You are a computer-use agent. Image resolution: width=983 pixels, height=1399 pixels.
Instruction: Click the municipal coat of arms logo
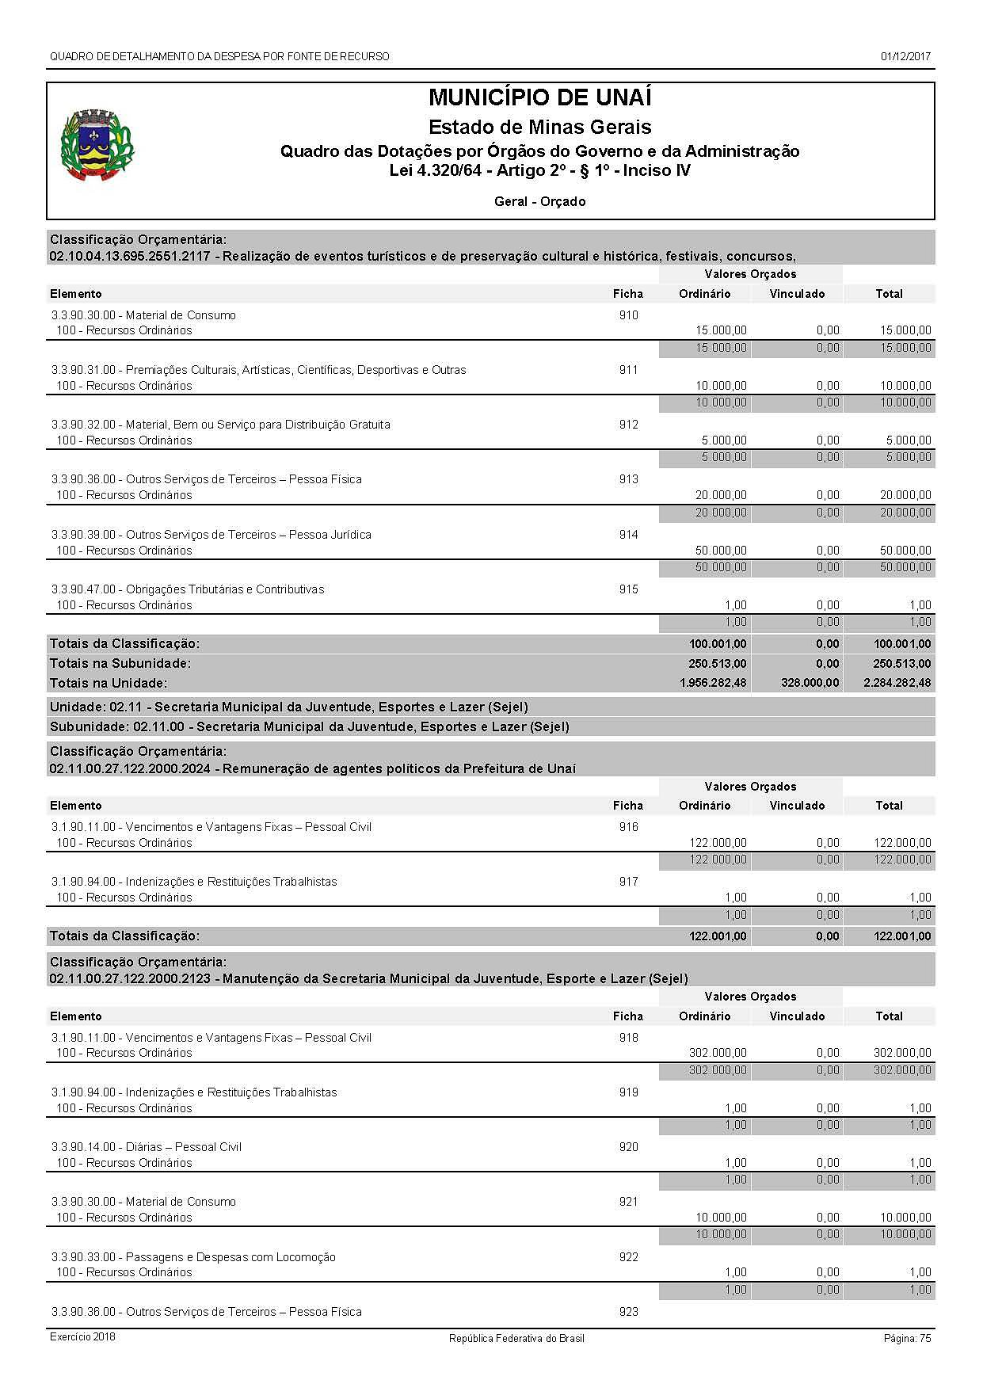[97, 145]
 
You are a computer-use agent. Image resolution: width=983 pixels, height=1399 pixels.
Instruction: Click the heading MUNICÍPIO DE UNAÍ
[539, 98]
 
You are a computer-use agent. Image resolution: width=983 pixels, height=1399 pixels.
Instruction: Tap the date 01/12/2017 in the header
[905, 56]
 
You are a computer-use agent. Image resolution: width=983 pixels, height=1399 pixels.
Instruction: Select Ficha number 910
[628, 315]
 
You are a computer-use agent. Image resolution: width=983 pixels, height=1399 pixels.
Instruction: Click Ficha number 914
[628, 535]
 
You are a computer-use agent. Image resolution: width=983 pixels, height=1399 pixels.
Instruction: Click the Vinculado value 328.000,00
[806, 683]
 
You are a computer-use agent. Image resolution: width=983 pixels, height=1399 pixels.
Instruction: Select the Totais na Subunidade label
[120, 663]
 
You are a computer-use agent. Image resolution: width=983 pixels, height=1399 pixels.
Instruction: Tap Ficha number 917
[628, 882]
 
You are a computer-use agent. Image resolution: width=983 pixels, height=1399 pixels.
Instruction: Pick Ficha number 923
[628, 1312]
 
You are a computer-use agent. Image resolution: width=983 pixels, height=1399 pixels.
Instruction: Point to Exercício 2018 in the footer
[82, 1337]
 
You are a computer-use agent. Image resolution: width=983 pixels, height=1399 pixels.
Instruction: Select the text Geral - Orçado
[539, 202]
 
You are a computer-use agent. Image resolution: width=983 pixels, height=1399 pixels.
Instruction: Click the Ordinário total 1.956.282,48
[713, 683]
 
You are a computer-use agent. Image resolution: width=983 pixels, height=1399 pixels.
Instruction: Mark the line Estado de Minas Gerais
[539, 127]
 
